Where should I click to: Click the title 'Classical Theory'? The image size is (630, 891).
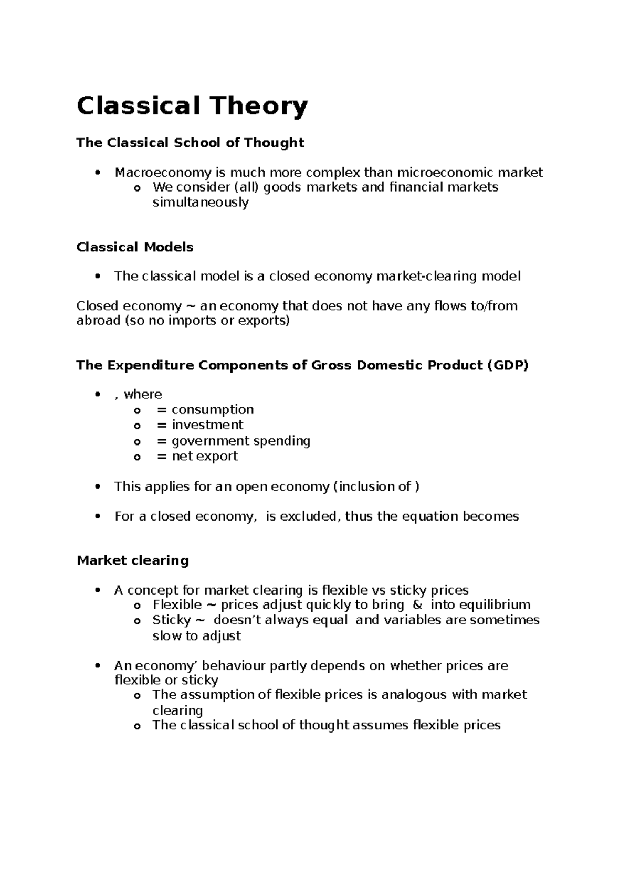(x=192, y=107)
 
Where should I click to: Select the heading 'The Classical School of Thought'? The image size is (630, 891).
(x=190, y=143)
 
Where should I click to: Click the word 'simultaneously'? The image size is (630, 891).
(x=201, y=203)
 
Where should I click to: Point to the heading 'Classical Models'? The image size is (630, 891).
(x=135, y=247)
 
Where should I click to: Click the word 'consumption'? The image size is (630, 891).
(x=213, y=410)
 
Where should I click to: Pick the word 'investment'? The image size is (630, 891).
(x=207, y=425)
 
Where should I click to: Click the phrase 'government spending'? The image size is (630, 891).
(x=241, y=441)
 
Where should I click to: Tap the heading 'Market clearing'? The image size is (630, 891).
(x=133, y=560)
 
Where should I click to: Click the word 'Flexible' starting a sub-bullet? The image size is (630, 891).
(x=177, y=605)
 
